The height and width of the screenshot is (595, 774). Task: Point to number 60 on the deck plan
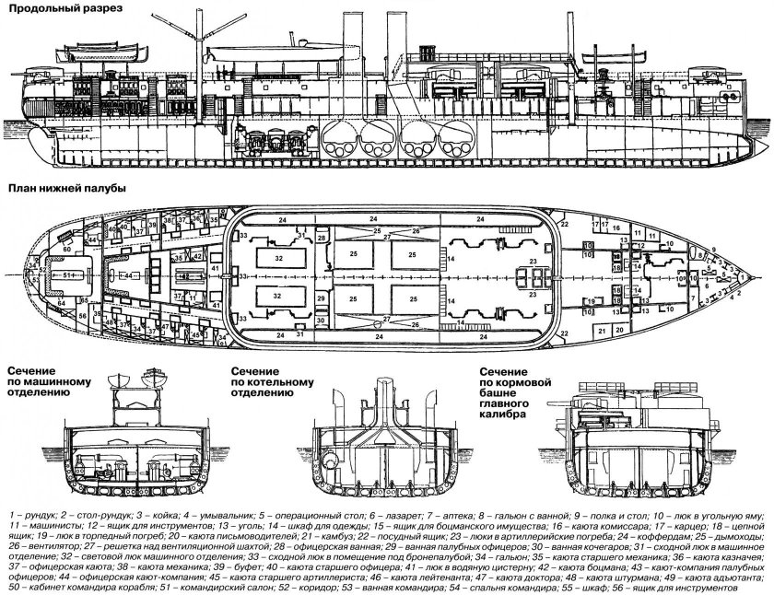click(68, 249)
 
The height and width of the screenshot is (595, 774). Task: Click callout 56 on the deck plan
click(82, 316)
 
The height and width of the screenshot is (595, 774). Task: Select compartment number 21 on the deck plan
click(603, 330)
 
